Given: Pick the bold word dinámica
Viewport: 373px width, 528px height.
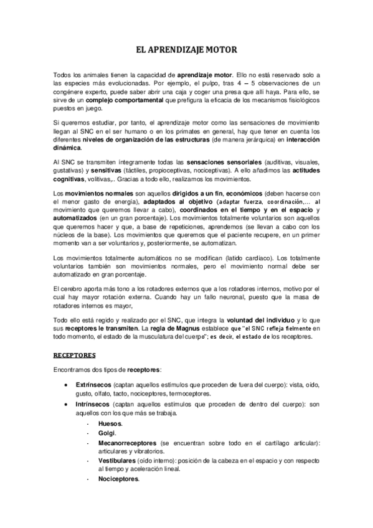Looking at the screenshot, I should [x=66, y=148].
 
